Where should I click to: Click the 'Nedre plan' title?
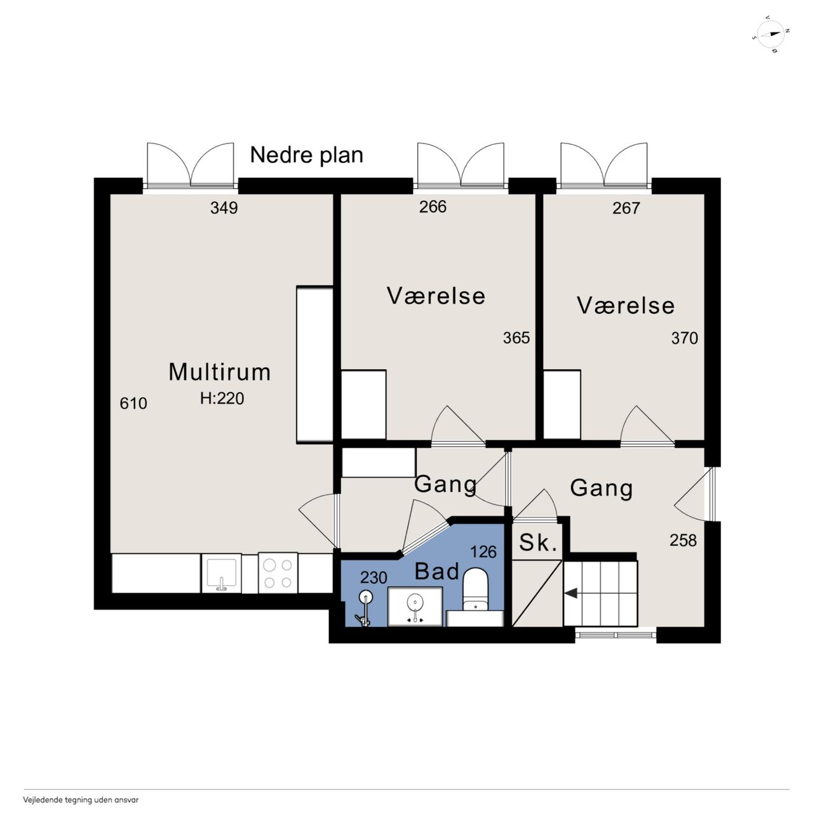point(306,155)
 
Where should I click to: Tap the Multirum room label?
point(219,372)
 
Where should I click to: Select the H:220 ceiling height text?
point(222,398)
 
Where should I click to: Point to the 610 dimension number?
point(133,403)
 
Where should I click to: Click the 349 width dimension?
point(224,208)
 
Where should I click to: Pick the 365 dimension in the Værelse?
point(516,338)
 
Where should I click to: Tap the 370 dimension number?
point(685,339)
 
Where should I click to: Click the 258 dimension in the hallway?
point(683,541)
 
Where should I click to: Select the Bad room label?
point(436,572)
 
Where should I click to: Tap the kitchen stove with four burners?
point(278,573)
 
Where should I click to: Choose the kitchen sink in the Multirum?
point(222,574)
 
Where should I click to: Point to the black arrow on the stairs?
point(571,594)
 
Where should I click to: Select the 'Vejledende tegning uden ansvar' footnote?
point(81,800)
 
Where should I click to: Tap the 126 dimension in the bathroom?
point(483,552)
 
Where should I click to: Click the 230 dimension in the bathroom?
point(373,577)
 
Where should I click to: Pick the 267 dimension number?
point(626,208)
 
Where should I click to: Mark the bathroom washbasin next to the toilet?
point(415,607)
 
